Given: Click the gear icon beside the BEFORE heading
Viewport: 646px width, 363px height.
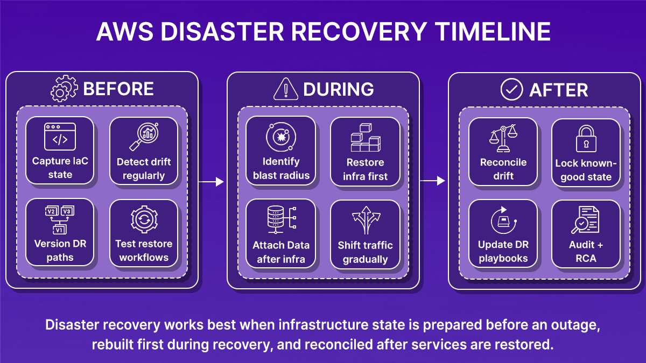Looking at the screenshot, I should point(64,89).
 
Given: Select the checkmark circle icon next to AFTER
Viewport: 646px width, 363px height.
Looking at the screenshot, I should point(511,89).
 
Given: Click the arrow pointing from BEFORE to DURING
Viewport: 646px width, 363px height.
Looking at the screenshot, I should point(211,182).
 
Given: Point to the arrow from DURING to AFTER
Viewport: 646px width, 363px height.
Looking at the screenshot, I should point(433,181).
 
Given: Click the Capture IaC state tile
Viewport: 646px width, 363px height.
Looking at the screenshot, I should point(60,151).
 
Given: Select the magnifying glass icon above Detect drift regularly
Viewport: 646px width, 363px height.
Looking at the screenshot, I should point(143,138).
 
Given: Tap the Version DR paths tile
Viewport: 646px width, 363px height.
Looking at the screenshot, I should point(60,233).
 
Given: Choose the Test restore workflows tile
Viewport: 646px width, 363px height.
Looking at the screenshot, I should point(144,233).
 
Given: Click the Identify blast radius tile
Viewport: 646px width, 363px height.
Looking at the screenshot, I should point(281,151).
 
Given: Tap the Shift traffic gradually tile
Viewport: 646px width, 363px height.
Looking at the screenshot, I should point(366,234).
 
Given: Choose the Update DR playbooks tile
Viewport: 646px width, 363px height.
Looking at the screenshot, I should point(503,234).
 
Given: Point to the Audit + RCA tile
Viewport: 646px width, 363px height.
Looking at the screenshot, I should point(586,234).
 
